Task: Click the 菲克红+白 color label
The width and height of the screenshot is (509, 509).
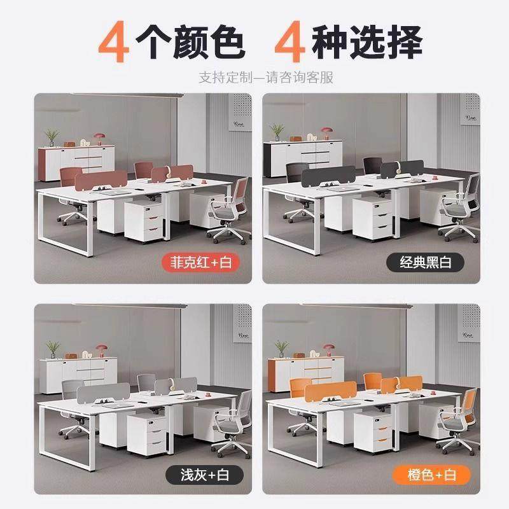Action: click(198, 261)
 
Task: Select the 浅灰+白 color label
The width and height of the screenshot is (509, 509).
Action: click(198, 473)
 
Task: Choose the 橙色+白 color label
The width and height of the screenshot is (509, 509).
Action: click(431, 473)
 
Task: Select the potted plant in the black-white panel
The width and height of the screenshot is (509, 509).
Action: click(277, 130)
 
